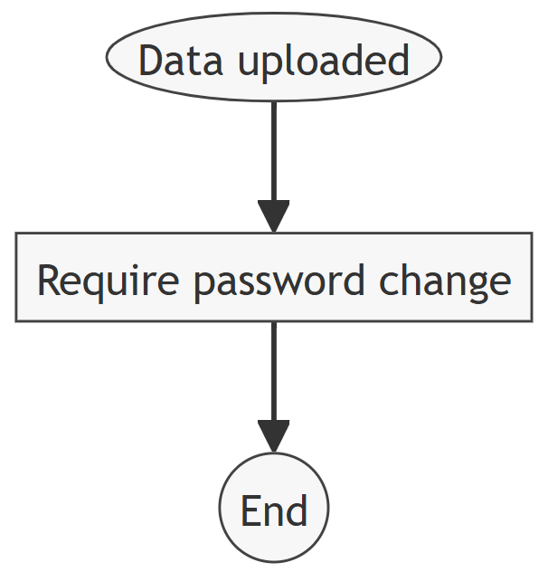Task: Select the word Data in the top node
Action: (x=175, y=62)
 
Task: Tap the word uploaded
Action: (x=324, y=62)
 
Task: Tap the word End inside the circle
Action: (x=274, y=511)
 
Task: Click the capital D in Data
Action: (x=151, y=62)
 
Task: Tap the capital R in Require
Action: (x=48, y=281)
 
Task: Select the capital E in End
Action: (x=250, y=511)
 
